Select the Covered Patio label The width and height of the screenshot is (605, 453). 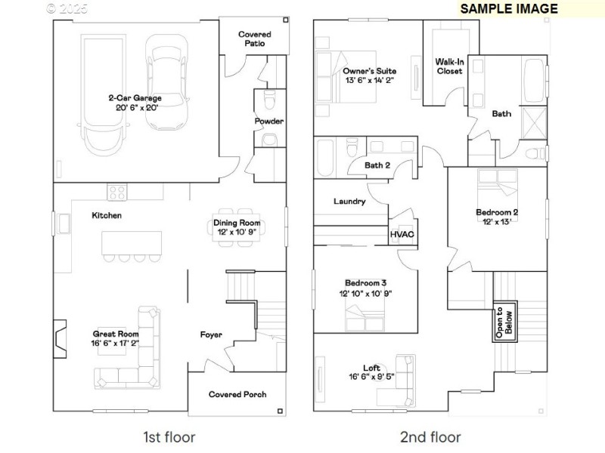tap(254, 39)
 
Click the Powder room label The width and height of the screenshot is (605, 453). tap(269, 121)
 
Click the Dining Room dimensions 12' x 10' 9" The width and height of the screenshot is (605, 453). tap(237, 233)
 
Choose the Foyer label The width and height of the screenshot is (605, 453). tap(211, 334)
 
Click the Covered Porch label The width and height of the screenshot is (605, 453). tap(237, 394)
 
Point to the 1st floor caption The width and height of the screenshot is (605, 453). tap(169, 436)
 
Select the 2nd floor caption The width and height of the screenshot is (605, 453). tap(430, 436)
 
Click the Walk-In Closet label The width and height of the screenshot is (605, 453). tap(449, 66)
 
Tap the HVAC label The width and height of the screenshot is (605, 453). tap(402, 234)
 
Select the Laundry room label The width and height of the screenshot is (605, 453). tap(349, 202)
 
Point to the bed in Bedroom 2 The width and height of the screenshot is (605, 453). tap(496, 189)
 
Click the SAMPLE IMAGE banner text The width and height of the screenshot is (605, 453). tap(508, 9)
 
